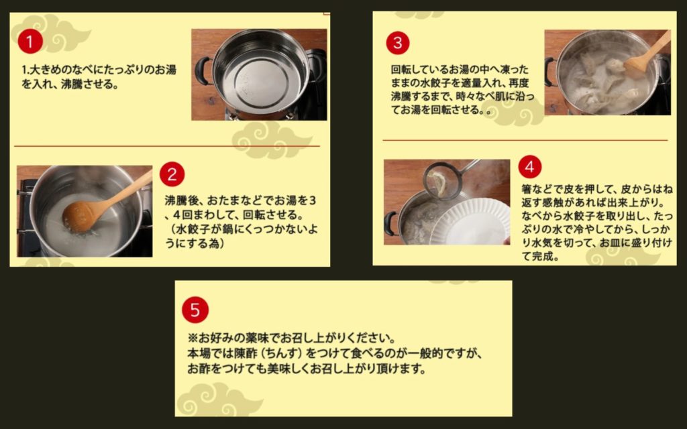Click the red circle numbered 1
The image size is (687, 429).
click(x=30, y=41)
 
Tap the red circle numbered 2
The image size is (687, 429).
click(x=172, y=174)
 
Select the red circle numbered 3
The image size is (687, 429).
click(x=397, y=43)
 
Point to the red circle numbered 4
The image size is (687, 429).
click(x=530, y=167)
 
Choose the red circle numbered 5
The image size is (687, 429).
click(x=195, y=310)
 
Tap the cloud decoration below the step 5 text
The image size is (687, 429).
click(x=219, y=400)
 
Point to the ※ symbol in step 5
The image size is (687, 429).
click(x=193, y=339)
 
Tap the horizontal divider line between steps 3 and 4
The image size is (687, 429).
click(x=525, y=141)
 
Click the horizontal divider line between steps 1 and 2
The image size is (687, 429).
click(x=167, y=145)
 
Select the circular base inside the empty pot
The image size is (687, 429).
click(x=262, y=84)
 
